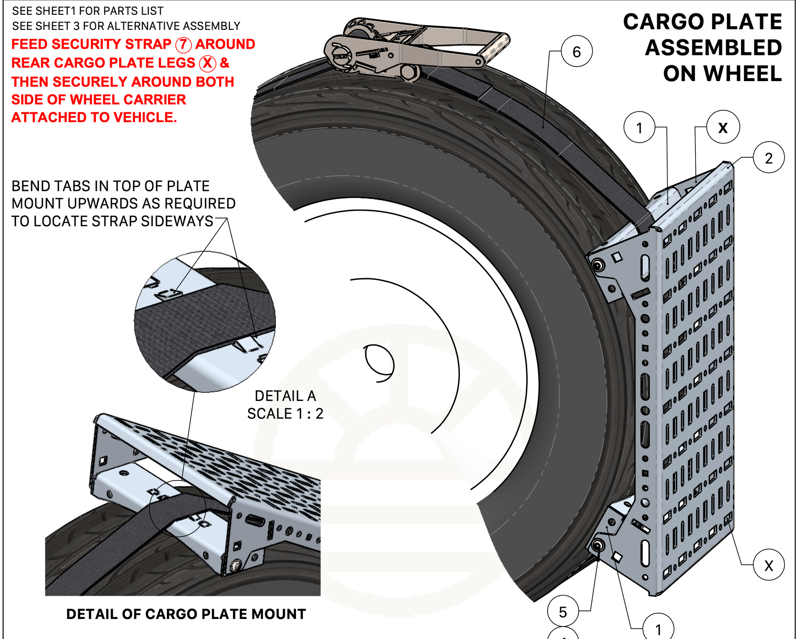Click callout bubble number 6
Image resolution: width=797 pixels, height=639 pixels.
pyautogui.click(x=576, y=51)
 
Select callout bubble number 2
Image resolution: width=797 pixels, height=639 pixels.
pyautogui.click(x=768, y=158)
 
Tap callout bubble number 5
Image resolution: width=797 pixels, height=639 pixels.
pyautogui.click(x=563, y=612)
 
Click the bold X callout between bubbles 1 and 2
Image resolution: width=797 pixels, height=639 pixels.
pyautogui.click(x=723, y=127)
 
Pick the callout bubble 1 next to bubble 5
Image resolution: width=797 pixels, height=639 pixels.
pyautogui.click(x=658, y=628)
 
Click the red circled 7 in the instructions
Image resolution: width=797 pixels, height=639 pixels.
pyautogui.click(x=183, y=45)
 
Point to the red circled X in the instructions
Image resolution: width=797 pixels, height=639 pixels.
pyautogui.click(x=207, y=63)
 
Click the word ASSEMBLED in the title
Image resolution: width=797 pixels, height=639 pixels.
pyautogui.click(x=713, y=48)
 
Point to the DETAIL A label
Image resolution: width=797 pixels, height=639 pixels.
pyautogui.click(x=285, y=396)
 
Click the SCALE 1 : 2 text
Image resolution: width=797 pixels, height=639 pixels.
pyautogui.click(x=285, y=414)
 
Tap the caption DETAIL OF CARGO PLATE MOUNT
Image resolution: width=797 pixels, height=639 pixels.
pyautogui.click(x=186, y=614)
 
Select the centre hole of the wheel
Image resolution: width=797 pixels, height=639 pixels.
pyautogui.click(x=378, y=363)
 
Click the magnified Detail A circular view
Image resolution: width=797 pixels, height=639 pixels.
pyautogui.click(x=205, y=322)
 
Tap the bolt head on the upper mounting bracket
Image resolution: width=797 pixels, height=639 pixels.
pyautogui.click(x=597, y=264)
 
